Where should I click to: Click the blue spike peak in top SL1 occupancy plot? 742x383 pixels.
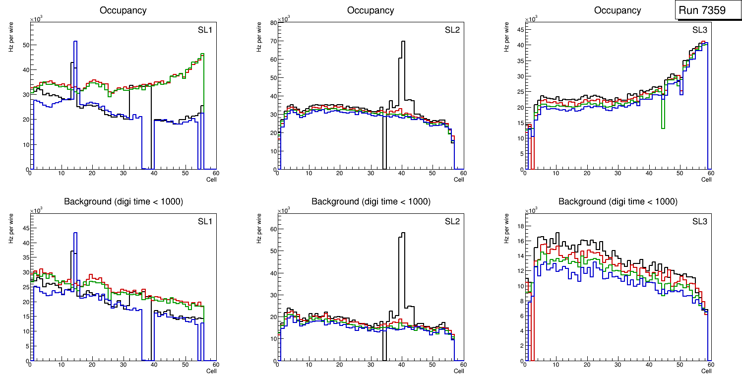(75, 42)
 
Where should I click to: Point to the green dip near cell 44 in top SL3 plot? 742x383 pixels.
(663, 128)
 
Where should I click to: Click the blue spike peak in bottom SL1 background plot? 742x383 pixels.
(75, 233)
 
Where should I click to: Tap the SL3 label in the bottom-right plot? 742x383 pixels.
(699, 221)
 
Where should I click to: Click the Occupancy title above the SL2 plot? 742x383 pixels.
(371, 10)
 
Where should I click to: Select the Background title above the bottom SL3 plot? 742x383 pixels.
(618, 201)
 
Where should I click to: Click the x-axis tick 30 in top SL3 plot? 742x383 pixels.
(618, 173)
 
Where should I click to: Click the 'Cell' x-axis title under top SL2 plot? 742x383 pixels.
(459, 180)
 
